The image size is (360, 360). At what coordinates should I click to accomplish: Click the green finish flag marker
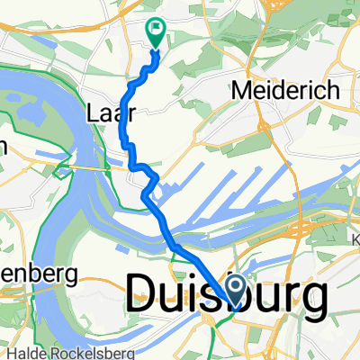(155, 32)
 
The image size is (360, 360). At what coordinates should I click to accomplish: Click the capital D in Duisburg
(145, 294)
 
